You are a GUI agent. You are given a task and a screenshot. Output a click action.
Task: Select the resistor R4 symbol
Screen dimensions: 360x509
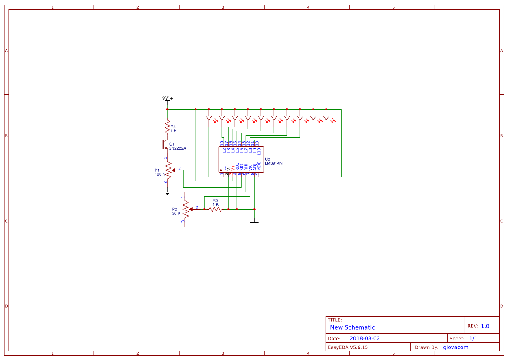click(x=167, y=127)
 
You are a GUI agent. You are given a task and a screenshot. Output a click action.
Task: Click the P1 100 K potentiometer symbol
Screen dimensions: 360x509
click(x=168, y=173)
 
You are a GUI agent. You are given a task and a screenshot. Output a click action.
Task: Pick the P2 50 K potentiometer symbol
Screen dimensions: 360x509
click(x=186, y=210)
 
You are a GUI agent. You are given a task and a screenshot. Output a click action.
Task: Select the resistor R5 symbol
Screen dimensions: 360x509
click(x=215, y=209)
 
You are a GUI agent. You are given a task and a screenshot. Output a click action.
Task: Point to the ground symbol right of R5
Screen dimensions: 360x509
click(x=254, y=223)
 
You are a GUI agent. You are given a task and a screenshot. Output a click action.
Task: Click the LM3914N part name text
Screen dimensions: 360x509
click(x=273, y=163)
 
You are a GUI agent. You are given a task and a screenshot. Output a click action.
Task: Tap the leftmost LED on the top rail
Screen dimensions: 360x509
click(x=209, y=118)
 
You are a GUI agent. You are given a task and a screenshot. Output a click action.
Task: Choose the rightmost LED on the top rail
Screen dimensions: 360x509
click(x=326, y=118)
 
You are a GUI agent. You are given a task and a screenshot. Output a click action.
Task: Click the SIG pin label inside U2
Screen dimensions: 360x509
click(x=242, y=167)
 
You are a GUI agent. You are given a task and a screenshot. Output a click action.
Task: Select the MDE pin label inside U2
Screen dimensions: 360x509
click(x=259, y=166)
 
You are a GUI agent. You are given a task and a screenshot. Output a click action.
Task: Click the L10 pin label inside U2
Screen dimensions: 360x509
click(x=259, y=151)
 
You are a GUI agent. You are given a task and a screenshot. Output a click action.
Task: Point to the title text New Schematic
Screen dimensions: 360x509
click(x=352, y=327)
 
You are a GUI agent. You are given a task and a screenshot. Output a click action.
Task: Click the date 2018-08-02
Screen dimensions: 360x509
click(x=364, y=338)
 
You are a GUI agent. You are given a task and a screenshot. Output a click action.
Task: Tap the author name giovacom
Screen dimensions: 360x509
click(x=456, y=347)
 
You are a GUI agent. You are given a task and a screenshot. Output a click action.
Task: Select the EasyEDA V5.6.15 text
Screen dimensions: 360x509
click(x=347, y=347)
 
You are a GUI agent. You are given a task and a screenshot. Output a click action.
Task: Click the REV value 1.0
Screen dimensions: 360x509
click(x=485, y=326)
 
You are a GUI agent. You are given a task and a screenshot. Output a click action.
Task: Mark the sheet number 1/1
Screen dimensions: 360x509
click(x=473, y=338)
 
